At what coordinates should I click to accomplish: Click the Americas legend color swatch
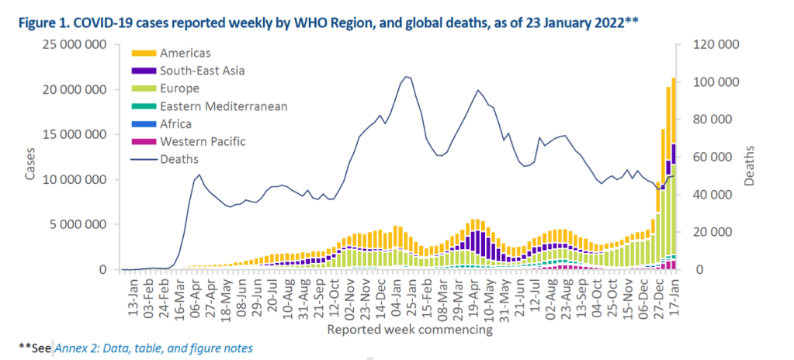[x=144, y=54]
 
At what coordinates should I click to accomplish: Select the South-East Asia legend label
[x=202, y=71]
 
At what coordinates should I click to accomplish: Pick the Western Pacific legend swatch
[x=144, y=141]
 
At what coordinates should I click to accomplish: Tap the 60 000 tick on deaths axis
[x=716, y=157]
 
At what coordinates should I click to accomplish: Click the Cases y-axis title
[x=29, y=163]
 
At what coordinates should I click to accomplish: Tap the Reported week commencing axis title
[x=409, y=330]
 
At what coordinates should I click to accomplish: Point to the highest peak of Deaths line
[x=406, y=76]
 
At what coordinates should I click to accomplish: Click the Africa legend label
[x=176, y=124]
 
